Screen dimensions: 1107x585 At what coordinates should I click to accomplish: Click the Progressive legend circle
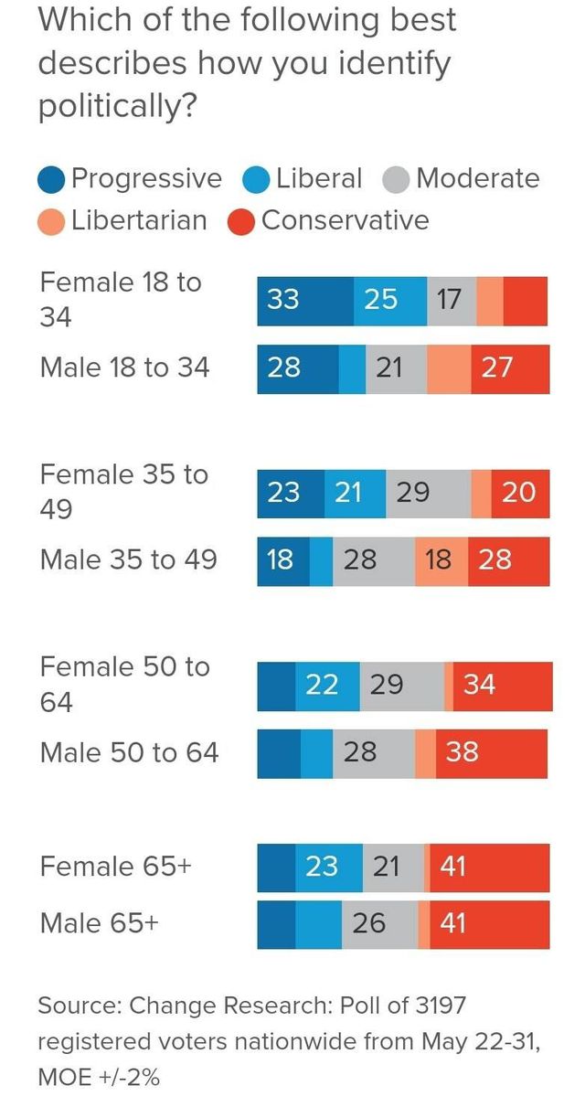tap(53, 180)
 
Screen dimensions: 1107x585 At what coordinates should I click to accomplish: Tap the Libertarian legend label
tap(139, 220)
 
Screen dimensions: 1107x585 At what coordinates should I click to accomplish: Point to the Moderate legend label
tap(477, 178)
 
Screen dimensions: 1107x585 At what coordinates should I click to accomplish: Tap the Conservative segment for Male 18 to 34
tap(510, 368)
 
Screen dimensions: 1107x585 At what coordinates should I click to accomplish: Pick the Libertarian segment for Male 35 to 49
tap(441, 560)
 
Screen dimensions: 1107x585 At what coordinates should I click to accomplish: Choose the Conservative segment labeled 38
tap(492, 753)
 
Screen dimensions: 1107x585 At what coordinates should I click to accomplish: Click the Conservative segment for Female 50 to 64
tap(502, 686)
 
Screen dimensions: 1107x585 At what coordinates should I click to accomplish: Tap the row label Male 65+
tap(99, 922)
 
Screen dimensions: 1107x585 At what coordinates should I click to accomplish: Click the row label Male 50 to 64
tap(129, 752)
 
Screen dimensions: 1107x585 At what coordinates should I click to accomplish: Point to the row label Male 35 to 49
tap(128, 559)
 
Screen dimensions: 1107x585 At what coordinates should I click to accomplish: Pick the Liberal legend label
tap(319, 178)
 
